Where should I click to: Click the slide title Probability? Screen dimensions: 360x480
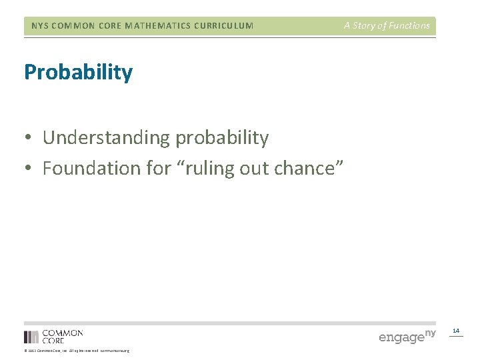pos(78,72)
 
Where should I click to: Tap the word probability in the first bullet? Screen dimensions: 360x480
pos(222,138)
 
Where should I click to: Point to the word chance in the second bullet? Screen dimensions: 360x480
pos(310,168)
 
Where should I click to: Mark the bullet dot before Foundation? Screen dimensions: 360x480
pos(29,169)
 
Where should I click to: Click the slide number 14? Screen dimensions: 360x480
pos(456,331)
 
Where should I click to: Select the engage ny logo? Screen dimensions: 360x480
pos(407,335)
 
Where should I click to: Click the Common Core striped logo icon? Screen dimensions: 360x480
pos(31,337)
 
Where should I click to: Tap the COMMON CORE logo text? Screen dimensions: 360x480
pos(63,336)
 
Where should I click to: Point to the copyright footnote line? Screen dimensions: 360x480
pos(77,351)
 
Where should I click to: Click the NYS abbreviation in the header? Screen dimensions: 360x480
pos(40,26)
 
